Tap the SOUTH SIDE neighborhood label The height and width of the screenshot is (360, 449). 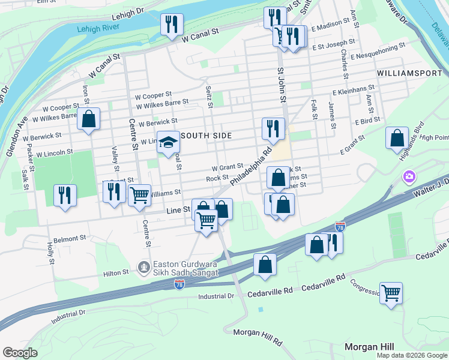[x=206, y=136]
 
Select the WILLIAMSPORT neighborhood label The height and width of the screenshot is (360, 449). [x=411, y=73]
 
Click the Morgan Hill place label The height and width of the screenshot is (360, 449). [x=369, y=347]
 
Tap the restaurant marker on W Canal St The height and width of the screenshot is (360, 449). [x=172, y=25]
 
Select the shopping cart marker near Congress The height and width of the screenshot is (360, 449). [x=391, y=293]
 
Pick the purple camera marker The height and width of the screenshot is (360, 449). [x=409, y=177]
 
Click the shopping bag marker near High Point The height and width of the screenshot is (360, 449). [x=397, y=138]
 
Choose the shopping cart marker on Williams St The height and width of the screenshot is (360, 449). [x=139, y=194]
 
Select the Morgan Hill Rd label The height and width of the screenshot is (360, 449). [x=258, y=336]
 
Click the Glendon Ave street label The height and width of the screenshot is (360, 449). [x=17, y=137]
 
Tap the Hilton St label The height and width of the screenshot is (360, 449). [x=116, y=272]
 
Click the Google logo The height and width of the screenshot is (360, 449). [x=20, y=352]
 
